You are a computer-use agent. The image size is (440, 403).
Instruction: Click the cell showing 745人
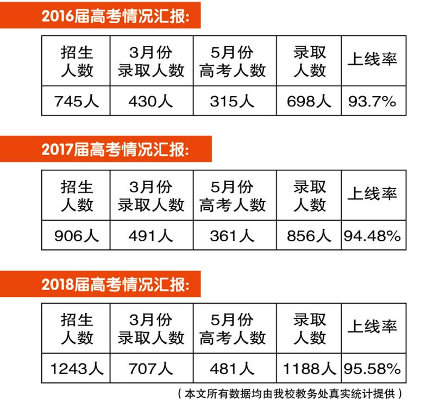coord(77,101)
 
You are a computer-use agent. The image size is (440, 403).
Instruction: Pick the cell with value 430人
coord(151,101)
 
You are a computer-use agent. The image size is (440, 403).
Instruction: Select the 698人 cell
coord(309,101)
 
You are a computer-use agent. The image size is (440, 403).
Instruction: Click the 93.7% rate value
coord(373,101)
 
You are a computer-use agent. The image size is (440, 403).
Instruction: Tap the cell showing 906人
coord(77,235)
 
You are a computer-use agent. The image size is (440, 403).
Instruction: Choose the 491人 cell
coord(151,235)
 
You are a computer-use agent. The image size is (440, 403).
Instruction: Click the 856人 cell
coord(309,235)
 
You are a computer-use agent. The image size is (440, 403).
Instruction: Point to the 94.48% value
coord(373,235)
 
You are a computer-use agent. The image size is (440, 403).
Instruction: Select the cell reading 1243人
coord(77,369)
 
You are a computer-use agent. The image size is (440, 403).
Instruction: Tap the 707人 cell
coord(151,369)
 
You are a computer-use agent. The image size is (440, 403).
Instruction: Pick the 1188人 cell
coord(309,369)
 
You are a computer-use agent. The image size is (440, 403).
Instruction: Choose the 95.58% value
coord(373,369)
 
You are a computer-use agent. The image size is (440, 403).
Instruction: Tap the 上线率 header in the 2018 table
coord(373,327)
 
